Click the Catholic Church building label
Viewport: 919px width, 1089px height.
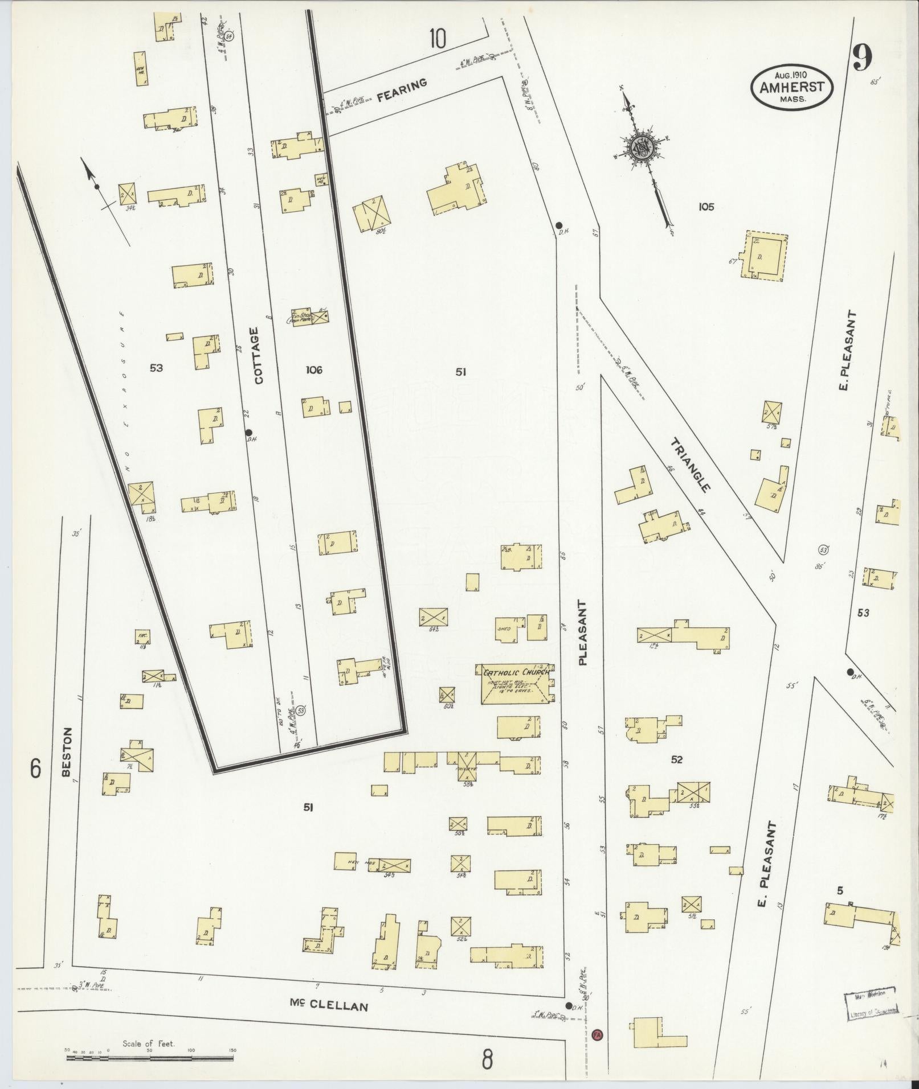click(516, 672)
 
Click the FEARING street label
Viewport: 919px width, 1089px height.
click(402, 90)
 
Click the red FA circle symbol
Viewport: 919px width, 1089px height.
click(597, 1034)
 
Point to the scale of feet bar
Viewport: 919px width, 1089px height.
click(149, 1057)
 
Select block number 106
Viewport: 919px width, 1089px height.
click(313, 370)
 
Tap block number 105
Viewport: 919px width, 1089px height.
click(706, 207)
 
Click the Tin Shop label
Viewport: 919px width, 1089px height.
click(301, 317)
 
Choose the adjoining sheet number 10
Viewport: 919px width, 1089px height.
click(438, 39)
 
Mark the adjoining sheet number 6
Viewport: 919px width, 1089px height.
click(35, 770)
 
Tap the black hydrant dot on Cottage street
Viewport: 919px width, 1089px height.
click(248, 431)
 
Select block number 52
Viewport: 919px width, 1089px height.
click(677, 759)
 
